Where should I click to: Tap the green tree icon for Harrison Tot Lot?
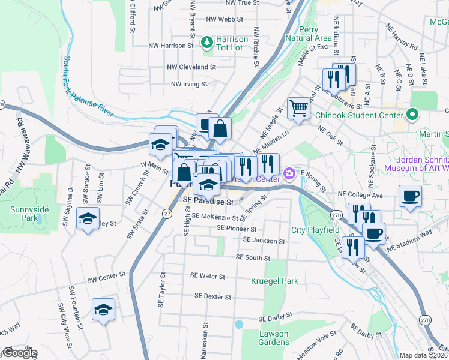(x=207, y=42)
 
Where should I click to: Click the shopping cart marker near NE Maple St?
(x=298, y=109)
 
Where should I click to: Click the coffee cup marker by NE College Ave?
(x=411, y=196)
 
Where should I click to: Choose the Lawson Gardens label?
(x=274, y=338)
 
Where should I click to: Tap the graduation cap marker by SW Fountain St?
(x=104, y=310)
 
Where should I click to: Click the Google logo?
(x=20, y=353)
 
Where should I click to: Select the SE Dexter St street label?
(x=213, y=296)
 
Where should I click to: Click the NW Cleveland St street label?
(x=191, y=67)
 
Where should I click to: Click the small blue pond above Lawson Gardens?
(x=239, y=324)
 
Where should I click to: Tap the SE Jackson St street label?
(x=264, y=241)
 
